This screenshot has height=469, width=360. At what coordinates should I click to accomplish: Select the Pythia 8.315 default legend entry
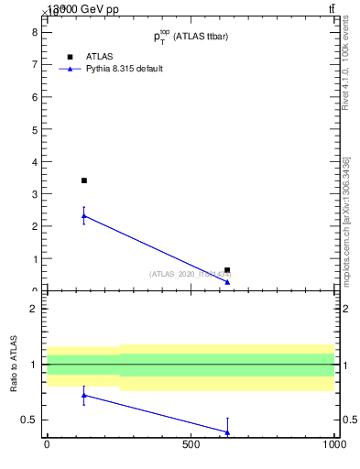point(124,69)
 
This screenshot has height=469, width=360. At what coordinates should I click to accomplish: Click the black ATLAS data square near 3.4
point(84,180)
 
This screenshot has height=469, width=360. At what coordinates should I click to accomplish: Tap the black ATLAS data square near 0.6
point(227,270)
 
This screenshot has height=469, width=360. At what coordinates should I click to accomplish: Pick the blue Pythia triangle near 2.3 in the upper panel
point(84,215)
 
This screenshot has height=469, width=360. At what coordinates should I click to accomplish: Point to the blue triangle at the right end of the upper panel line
point(227,281)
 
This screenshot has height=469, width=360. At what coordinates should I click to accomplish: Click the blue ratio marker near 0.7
point(84,395)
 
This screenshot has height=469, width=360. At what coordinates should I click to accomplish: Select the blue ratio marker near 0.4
point(227,431)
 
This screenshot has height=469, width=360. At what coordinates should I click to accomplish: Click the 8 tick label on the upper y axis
point(34,31)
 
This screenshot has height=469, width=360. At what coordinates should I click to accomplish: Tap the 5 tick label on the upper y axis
point(34,129)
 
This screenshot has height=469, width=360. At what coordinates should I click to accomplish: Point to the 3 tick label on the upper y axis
point(34,194)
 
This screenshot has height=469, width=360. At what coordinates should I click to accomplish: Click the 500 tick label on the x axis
point(191,445)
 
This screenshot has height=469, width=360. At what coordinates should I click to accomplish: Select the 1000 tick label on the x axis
point(334,445)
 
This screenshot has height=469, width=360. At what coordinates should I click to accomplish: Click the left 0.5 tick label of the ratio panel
point(29,420)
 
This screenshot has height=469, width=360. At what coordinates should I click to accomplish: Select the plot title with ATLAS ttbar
point(191,37)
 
